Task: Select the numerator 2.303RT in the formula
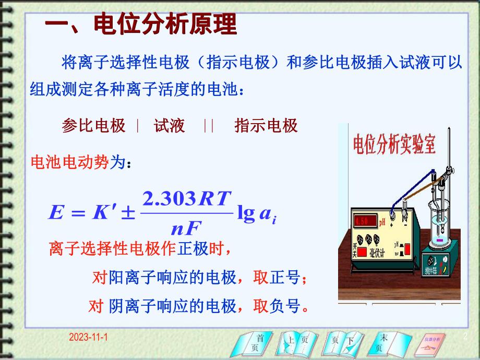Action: pyautogui.click(x=186, y=199)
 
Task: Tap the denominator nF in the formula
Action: pyautogui.click(x=186, y=226)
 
